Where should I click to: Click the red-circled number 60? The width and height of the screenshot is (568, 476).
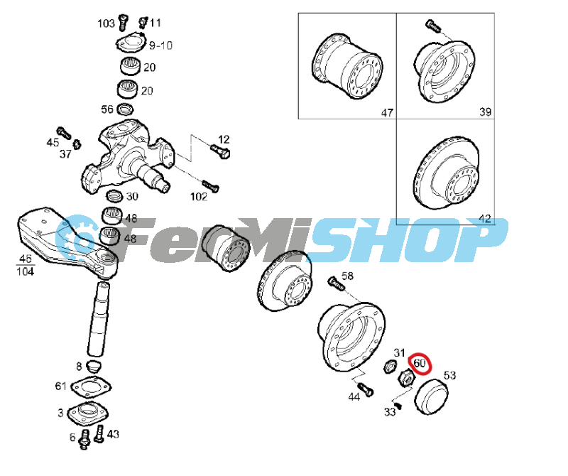coord(419,363)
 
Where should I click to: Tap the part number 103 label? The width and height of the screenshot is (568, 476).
coord(106,23)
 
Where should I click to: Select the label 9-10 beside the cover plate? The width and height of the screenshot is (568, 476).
coord(161,45)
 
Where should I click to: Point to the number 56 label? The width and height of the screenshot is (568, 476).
coord(107,109)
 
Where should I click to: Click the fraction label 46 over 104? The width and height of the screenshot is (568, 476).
coord(26,265)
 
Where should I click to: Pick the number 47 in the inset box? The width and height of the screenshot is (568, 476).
coord(387,113)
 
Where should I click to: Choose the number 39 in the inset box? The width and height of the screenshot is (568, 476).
coord(485,112)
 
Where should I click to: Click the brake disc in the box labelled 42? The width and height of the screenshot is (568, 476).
coord(447,173)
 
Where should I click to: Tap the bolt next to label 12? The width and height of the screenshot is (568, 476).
coord(220,151)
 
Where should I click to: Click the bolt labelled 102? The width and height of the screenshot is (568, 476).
coord(210,186)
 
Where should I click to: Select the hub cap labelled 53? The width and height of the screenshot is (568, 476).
coord(431,397)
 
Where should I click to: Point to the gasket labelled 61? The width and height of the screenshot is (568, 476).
coord(91,386)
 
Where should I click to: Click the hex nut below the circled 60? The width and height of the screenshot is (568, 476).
coord(407,379)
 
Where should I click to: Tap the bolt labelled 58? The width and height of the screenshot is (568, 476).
coord(335,283)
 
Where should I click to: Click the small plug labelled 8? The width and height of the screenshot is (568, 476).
coord(94,367)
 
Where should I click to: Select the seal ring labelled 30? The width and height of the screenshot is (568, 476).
coord(114,196)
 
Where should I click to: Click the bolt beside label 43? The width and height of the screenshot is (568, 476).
coord(99,435)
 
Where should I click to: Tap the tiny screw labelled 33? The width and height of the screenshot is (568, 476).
coord(399,406)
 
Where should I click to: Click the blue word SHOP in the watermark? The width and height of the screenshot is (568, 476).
coord(405,239)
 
